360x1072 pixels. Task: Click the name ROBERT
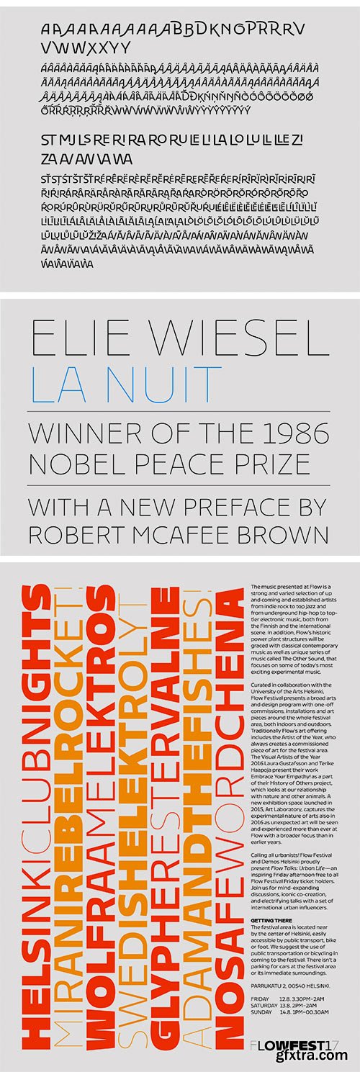coord(80,534)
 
